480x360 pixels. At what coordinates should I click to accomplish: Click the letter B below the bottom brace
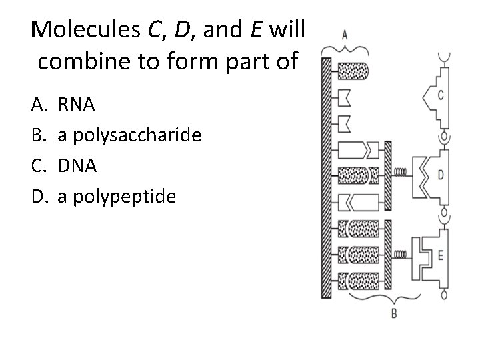(x=394, y=313)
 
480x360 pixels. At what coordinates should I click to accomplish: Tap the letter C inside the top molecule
(x=441, y=95)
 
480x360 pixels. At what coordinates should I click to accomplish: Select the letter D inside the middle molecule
(x=441, y=175)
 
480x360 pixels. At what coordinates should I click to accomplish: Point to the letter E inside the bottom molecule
(x=441, y=254)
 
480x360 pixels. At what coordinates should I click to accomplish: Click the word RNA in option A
(x=76, y=104)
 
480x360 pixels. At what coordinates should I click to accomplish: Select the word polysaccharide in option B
(x=137, y=135)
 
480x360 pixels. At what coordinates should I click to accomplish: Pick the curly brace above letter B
(x=393, y=298)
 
